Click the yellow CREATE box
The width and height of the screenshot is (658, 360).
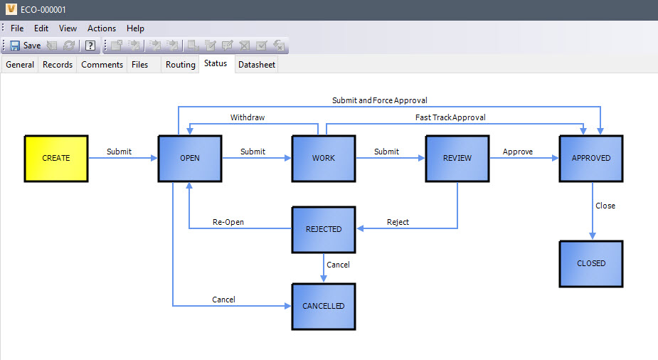(56, 158)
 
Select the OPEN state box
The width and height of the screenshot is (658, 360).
(190, 158)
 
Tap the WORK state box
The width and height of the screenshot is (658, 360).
(324, 158)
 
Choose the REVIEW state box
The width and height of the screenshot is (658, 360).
(457, 158)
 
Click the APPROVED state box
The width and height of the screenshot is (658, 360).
(591, 158)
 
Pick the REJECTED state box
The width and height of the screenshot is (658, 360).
(324, 230)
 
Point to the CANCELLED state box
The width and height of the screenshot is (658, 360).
(324, 307)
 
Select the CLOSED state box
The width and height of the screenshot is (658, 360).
(591, 263)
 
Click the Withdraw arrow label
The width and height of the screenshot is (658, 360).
(248, 117)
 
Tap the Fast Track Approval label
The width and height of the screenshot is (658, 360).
(450, 117)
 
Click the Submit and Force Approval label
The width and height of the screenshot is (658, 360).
(380, 100)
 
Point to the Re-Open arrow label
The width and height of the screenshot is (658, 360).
(228, 222)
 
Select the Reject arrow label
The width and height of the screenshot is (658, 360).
(398, 222)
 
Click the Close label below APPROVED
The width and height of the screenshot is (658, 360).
(605, 206)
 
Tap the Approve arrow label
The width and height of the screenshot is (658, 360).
(518, 152)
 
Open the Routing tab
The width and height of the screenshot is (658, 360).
(181, 65)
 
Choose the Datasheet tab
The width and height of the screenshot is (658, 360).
(257, 65)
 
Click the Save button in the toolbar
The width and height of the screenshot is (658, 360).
(26, 46)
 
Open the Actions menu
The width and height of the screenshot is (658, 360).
(102, 28)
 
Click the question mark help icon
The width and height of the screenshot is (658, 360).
(90, 46)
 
